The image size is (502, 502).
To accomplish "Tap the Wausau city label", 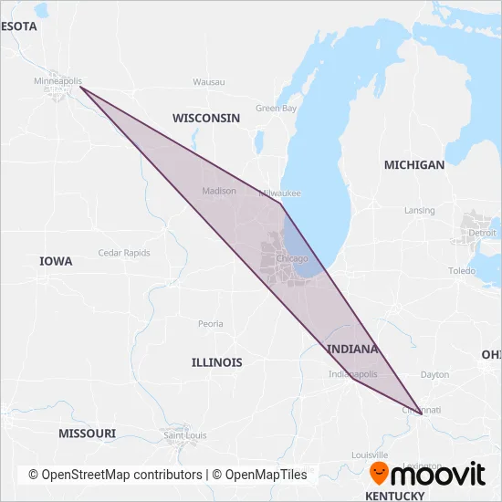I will (208, 82).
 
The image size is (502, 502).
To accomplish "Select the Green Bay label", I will (276, 109).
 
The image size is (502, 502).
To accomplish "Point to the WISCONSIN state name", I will (206, 119).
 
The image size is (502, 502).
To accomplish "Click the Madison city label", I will (218, 192).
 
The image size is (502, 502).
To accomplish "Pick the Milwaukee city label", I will (279, 193).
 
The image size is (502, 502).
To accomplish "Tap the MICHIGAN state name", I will (414, 165).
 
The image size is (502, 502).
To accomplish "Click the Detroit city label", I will (482, 233).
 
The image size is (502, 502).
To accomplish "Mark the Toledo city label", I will (462, 272).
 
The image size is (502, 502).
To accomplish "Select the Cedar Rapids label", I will (123, 253).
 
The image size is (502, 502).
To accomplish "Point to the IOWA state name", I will (56, 262).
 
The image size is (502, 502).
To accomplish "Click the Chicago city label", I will (292, 259).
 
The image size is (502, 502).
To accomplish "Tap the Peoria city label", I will (210, 324).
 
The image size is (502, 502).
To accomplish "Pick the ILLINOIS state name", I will (217, 362).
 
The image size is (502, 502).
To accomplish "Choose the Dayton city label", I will (434, 375).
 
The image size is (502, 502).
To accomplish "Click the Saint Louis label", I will (184, 435).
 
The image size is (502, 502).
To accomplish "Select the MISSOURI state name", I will (87, 433).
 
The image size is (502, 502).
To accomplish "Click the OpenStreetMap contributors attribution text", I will (115, 475).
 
